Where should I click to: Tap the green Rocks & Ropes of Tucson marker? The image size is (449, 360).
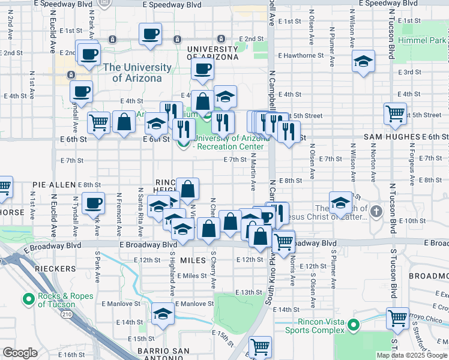click(x=28, y=299)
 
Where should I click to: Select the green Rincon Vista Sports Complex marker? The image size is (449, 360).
click(x=354, y=326)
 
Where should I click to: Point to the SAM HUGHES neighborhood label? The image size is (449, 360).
click(x=391, y=137)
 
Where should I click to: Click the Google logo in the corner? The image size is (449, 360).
click(x=19, y=353)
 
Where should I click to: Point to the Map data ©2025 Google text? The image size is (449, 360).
click(x=411, y=355)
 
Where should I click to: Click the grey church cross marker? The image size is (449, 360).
click(x=376, y=211)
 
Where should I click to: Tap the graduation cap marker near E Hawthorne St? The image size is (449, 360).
click(x=363, y=61)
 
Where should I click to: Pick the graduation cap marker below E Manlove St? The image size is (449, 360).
click(x=162, y=314)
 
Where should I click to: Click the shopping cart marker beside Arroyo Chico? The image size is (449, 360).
click(x=397, y=317)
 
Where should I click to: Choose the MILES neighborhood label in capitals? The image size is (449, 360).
click(x=193, y=260)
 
